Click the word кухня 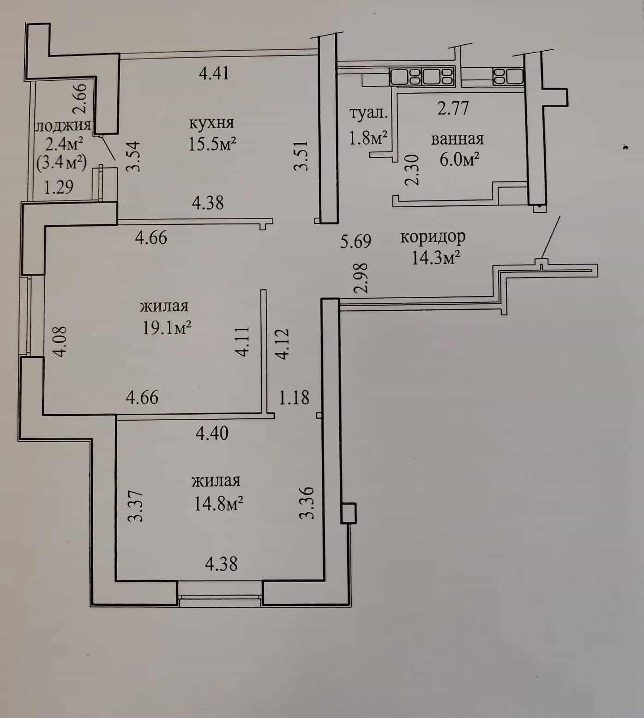(x=211, y=123)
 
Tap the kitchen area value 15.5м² (x=212, y=144)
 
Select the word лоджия (x=63, y=127)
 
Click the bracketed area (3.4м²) (x=62, y=162)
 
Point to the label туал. (x=368, y=114)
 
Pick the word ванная (x=457, y=139)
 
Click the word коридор (x=433, y=237)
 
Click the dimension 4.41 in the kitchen (x=214, y=73)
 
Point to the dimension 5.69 (x=355, y=241)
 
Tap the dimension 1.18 (x=294, y=397)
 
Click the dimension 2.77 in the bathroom (x=453, y=109)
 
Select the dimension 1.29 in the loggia (x=59, y=187)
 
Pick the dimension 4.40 (x=212, y=433)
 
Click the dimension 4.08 (x=60, y=341)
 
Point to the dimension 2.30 (x=412, y=169)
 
